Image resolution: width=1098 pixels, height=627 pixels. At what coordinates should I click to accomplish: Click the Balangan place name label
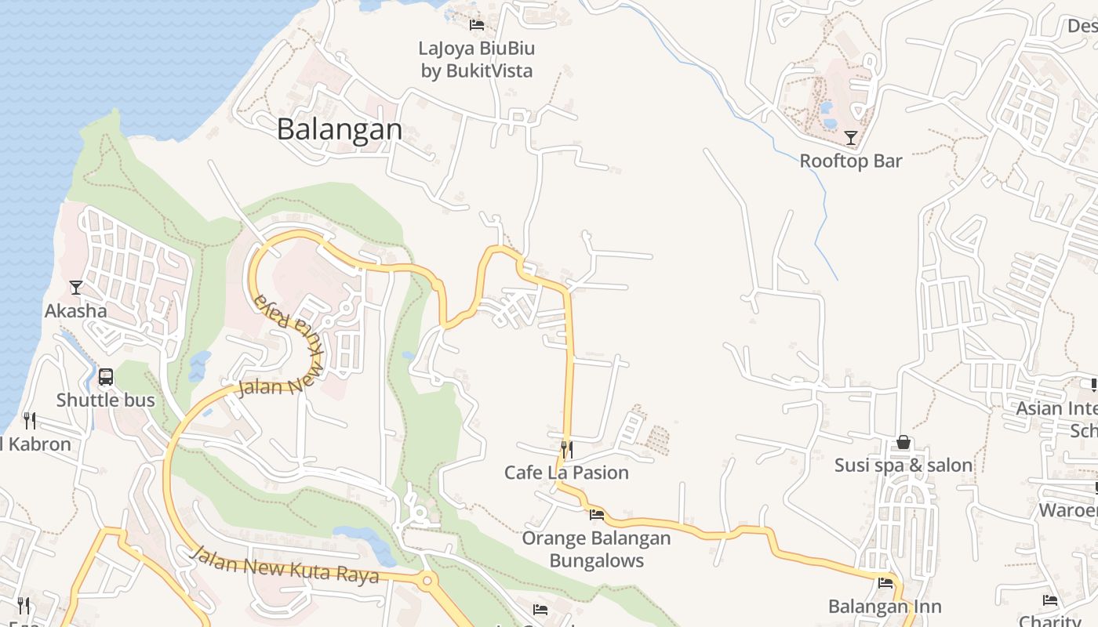pos(340,129)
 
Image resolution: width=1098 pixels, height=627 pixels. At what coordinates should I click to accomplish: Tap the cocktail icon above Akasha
pos(76,288)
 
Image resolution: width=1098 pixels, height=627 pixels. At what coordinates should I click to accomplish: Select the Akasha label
pos(75,311)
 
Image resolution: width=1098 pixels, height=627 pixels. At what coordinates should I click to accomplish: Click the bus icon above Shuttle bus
pos(106,377)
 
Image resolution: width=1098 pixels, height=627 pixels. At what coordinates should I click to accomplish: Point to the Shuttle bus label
pos(106,400)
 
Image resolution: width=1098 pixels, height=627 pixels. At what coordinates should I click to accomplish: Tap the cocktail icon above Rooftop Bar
pos(851,139)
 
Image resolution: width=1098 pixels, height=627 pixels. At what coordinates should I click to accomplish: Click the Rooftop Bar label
pos(851,161)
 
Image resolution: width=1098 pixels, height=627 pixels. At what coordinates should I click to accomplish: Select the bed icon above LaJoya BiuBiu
pos(476,25)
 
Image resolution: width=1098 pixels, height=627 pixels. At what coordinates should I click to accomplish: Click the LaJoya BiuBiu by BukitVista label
pos(477,60)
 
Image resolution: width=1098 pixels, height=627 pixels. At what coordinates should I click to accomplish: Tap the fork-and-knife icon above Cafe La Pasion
pos(566,449)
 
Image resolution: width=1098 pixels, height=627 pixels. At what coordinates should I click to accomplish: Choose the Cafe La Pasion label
pos(566,473)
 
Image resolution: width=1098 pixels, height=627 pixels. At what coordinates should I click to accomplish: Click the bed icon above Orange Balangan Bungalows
pos(597,515)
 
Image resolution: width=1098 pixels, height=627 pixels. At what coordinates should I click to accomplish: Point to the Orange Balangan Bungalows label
pos(597,549)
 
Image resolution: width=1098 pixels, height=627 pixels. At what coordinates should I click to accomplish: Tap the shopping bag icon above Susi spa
pos(903,442)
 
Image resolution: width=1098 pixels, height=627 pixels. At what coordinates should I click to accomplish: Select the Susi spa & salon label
pos(903,466)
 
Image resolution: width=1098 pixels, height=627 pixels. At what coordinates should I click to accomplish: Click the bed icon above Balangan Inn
pos(885,583)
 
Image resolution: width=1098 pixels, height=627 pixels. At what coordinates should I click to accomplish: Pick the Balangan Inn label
pos(885,607)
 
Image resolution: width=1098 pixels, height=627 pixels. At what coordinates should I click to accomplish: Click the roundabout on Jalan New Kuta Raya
pos(427,582)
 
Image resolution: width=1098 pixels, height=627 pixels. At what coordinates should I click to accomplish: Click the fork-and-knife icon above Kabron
pos(30,421)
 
